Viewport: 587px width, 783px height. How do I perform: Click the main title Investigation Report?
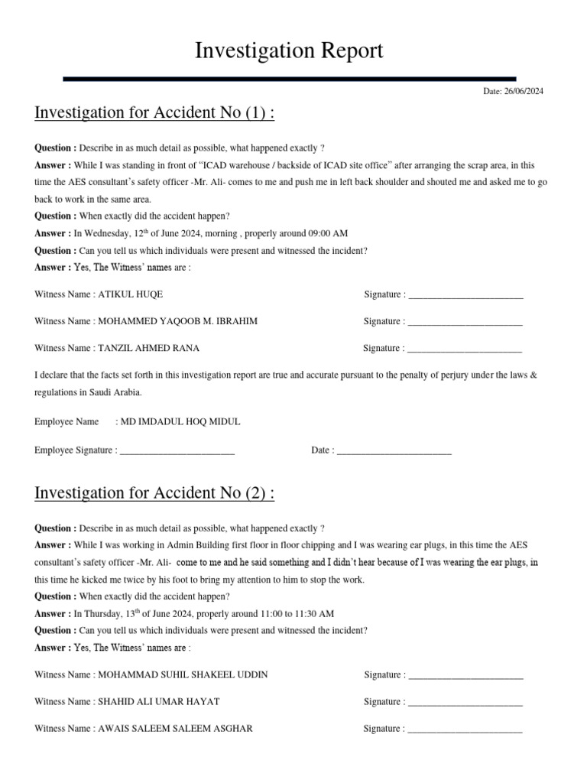point(289,51)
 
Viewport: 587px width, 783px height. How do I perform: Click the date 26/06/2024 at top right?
point(524,92)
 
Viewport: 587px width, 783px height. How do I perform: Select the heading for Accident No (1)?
point(154,113)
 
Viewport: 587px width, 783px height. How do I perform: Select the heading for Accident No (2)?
point(154,493)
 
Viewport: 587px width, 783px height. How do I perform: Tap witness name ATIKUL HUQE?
point(131,294)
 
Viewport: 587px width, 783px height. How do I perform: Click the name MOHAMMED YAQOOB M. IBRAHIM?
point(178,321)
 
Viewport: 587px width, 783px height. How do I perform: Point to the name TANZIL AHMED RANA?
point(149,348)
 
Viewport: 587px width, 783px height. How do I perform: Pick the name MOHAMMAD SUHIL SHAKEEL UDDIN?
point(183,675)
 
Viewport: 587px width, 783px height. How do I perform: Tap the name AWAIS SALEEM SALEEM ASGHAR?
point(176,729)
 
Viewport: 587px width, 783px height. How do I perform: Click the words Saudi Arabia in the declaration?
point(115,392)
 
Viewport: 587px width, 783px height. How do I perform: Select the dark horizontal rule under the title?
point(289,79)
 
